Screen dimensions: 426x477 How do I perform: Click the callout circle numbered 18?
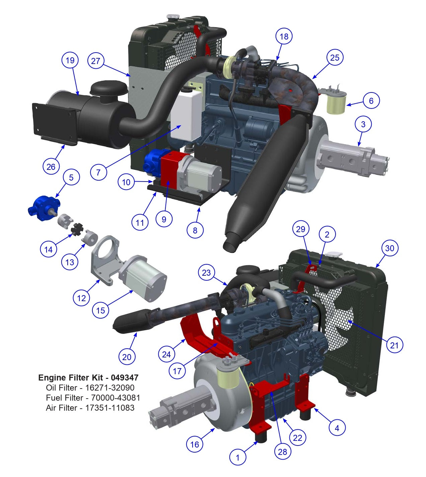[x=284, y=37]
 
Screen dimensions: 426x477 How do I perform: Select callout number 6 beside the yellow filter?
[x=371, y=100]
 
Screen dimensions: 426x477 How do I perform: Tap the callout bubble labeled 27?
[x=95, y=61]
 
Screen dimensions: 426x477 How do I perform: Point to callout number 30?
[x=389, y=248]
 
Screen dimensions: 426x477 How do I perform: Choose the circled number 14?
[x=49, y=249]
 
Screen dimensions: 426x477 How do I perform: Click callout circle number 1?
[x=238, y=457]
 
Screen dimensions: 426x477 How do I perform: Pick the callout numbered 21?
[x=395, y=345]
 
